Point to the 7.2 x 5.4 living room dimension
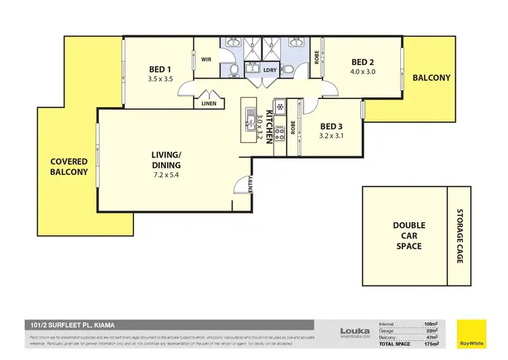tap(166, 176)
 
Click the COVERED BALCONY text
tap(69, 167)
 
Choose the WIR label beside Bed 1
tap(207, 60)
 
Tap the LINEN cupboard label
tap(209, 104)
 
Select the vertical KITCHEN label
tap(269, 125)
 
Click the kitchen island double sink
tap(248, 119)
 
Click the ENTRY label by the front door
tap(251, 184)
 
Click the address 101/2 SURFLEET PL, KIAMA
tap(68, 325)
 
